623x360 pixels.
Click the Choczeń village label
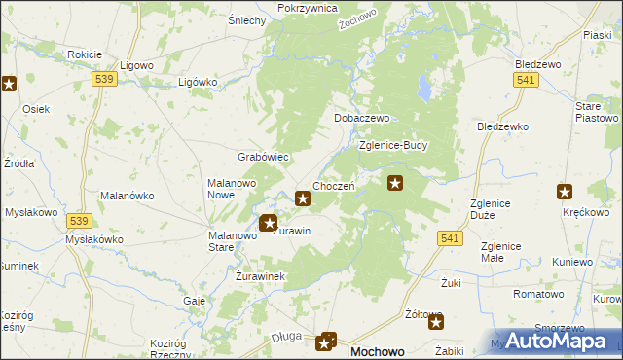(x=333, y=186)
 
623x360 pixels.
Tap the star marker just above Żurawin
(x=270, y=224)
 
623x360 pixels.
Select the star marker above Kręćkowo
(x=565, y=192)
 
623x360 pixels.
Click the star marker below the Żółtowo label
(x=434, y=322)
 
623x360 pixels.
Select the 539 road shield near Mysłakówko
(x=81, y=221)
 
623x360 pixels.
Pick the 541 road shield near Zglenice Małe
(x=450, y=238)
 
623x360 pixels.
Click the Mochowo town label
(x=377, y=351)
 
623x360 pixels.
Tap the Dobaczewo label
(x=362, y=118)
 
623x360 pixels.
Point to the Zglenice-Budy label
(x=393, y=145)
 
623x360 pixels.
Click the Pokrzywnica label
(x=307, y=8)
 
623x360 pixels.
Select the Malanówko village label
(x=126, y=196)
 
